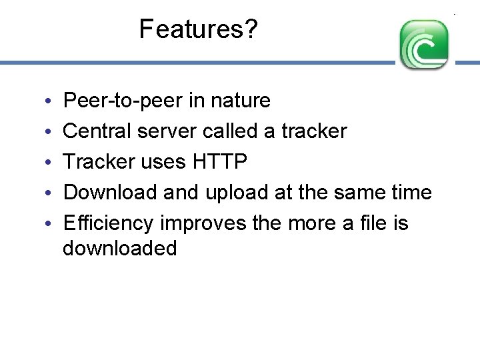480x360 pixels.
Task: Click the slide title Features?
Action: click(x=198, y=29)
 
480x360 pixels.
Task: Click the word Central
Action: click(x=97, y=131)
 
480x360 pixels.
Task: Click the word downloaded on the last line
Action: click(x=120, y=249)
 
